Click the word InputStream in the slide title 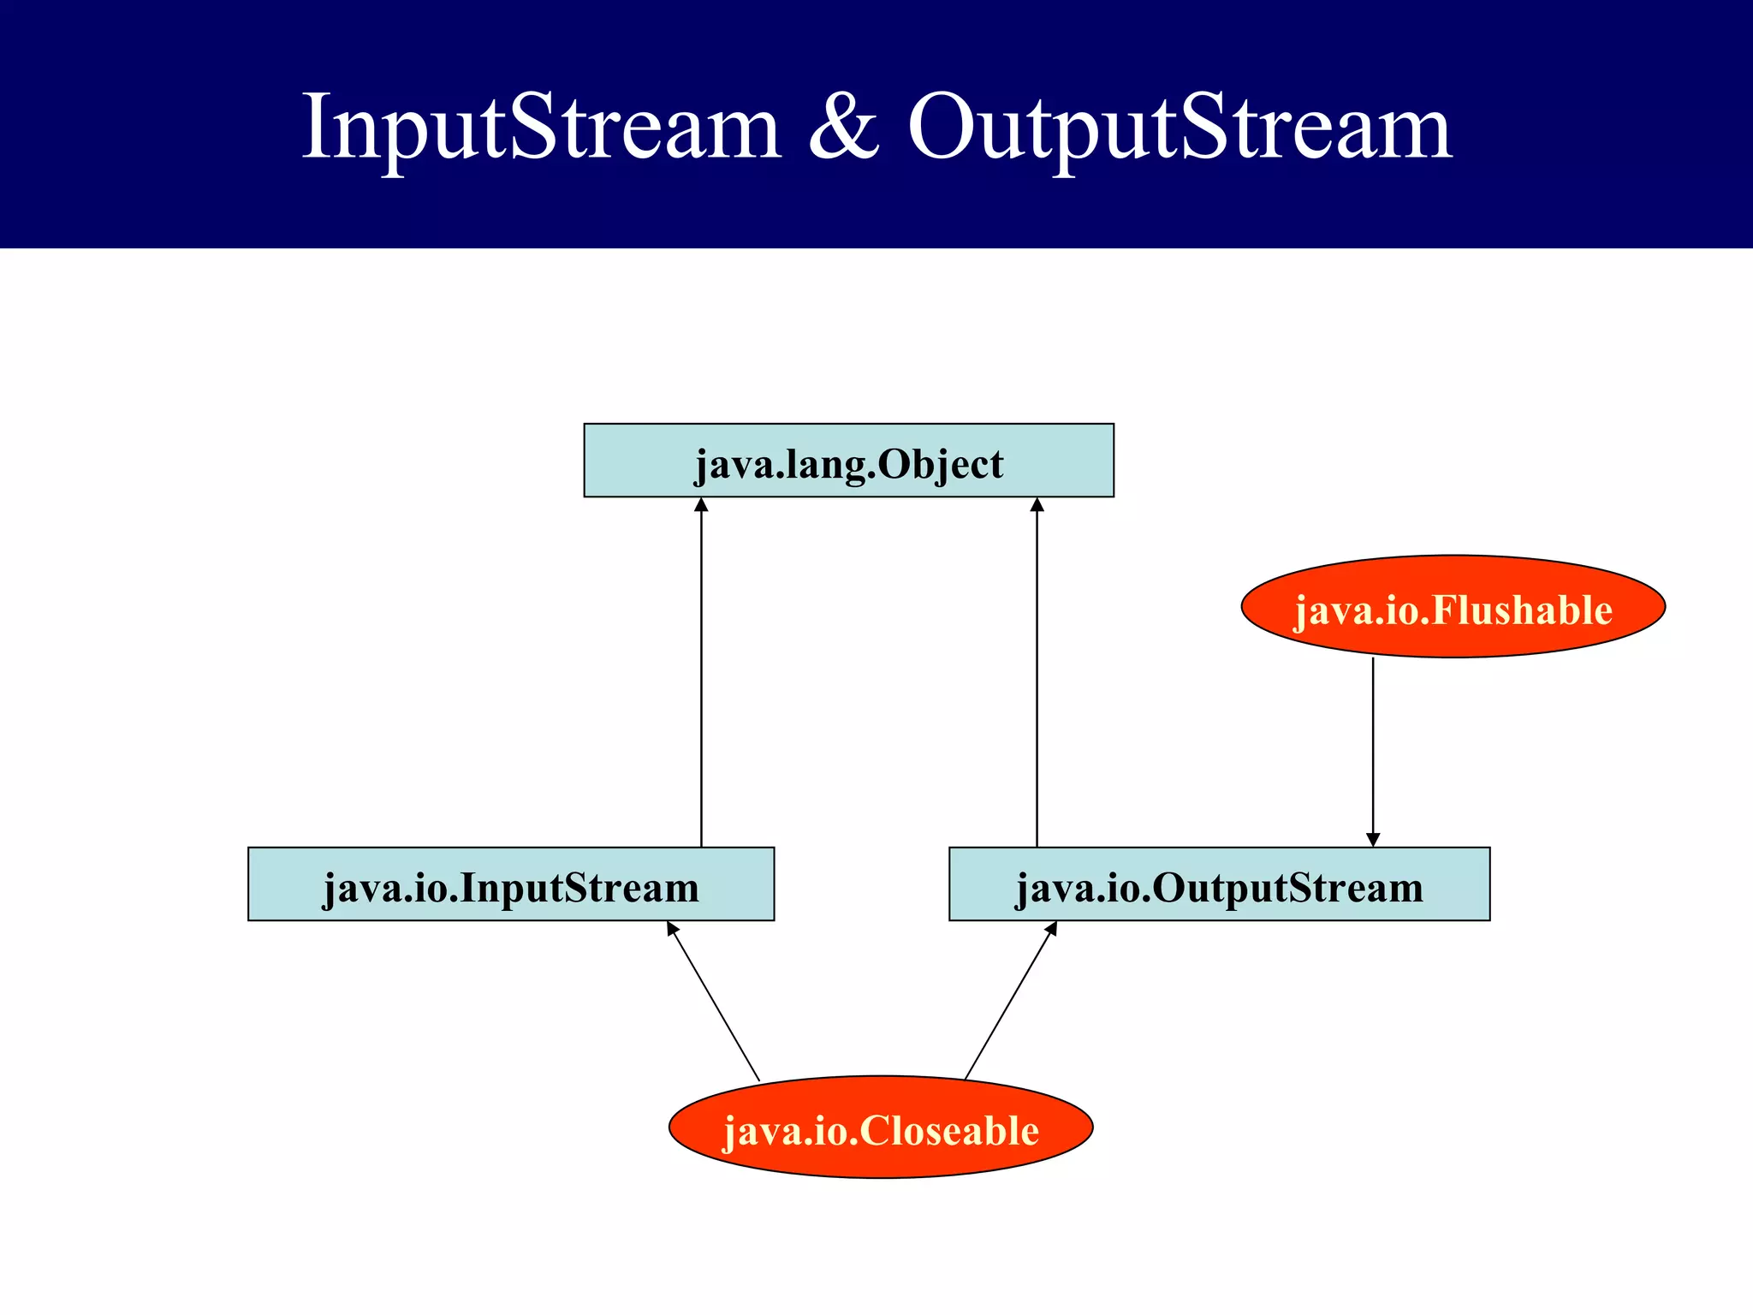coord(541,128)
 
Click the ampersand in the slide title coord(843,128)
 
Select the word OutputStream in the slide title coord(1180,128)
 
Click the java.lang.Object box coord(848,461)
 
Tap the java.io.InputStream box coord(511,884)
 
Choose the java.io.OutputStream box coord(1219,884)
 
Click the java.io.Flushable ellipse coord(1453,607)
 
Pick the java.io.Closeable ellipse coord(881,1128)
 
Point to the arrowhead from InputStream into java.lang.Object coord(701,504)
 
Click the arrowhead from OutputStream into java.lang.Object coord(1037,504)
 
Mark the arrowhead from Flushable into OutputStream coord(1373,840)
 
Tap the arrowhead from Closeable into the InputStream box coord(672,928)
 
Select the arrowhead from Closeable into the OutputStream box coord(1052,928)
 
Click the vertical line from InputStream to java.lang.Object coord(701,676)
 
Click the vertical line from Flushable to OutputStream coord(1373,745)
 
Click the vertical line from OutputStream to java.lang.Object coord(1037,676)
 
